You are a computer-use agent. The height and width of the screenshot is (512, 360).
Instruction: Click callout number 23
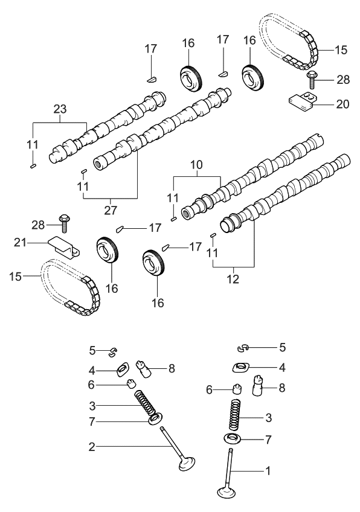pyautogui.click(x=60, y=109)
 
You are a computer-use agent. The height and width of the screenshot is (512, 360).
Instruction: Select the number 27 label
pyautogui.click(x=111, y=210)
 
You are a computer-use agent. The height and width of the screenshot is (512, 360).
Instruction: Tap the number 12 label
pyautogui.click(x=233, y=279)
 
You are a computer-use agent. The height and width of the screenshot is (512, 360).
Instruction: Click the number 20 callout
pyautogui.click(x=342, y=103)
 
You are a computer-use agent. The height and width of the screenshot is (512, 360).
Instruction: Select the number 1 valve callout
pyautogui.click(x=268, y=470)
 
